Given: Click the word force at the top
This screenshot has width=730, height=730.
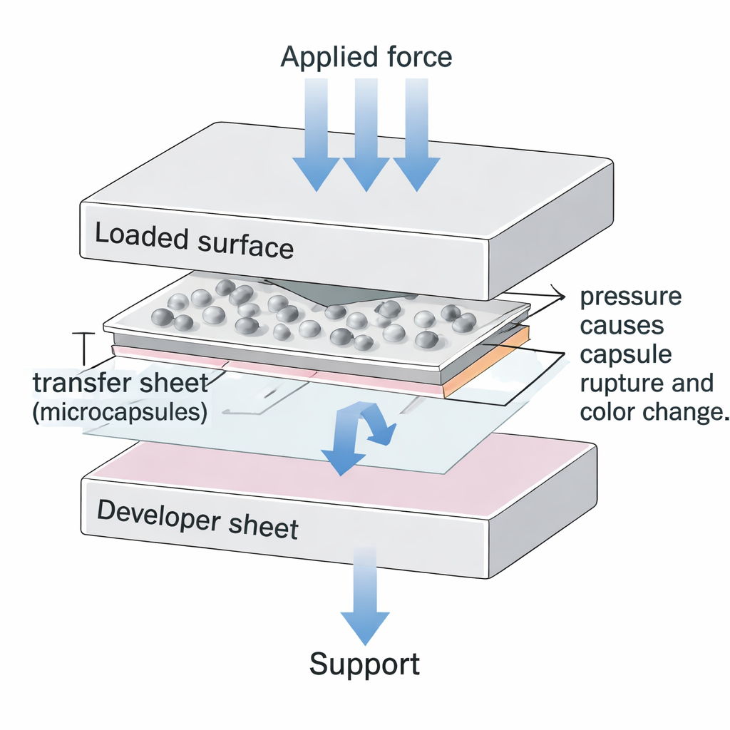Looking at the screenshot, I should tap(419, 56).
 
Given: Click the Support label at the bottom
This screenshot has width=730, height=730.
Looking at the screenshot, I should tap(365, 664).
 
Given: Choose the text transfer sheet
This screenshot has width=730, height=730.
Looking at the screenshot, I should tap(120, 384).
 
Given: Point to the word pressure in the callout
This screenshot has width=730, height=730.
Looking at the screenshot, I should tap(631, 297).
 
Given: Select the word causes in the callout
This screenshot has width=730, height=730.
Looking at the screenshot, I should tap(622, 326).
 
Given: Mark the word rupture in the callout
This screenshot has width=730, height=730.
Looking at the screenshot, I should tap(616, 384).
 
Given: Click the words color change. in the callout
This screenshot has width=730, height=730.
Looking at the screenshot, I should tap(653, 413).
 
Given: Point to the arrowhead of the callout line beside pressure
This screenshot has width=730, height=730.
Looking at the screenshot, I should tap(555, 294).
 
